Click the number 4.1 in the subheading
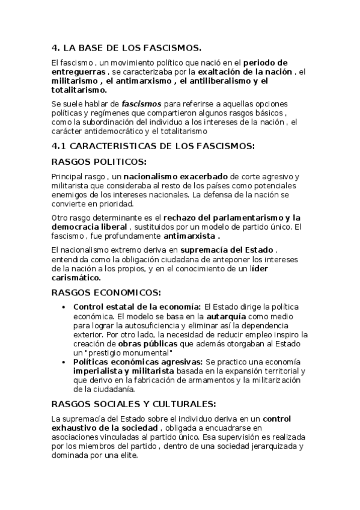pyautogui.click(x=59, y=146)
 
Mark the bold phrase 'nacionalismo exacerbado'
pyautogui.click(x=175, y=177)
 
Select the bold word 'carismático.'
pyautogui.click(x=76, y=278)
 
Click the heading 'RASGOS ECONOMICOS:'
pyautogui.click(x=106, y=293)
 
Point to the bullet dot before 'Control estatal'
pyautogui.click(x=65, y=307)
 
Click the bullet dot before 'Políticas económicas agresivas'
pyautogui.click(x=65, y=363)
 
